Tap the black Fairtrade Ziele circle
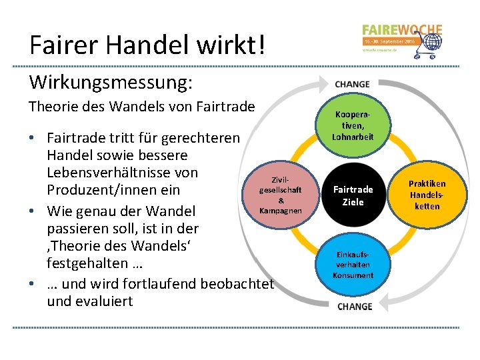(x=353, y=195)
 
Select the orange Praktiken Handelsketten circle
(x=427, y=195)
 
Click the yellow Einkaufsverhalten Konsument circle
(x=353, y=266)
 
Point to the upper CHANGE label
(x=352, y=85)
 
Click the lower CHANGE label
(x=355, y=307)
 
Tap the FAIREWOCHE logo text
(x=402, y=30)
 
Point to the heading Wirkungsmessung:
(x=111, y=83)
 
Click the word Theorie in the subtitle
(x=53, y=107)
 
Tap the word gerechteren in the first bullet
(x=198, y=138)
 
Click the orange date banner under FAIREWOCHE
(x=389, y=41)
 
